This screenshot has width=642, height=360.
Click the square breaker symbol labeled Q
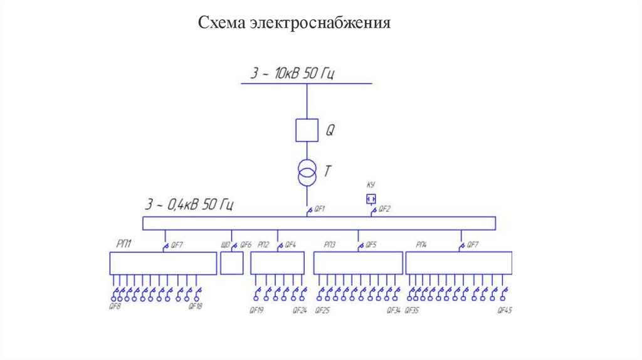point(307,130)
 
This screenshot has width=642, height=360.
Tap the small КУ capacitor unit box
point(371,199)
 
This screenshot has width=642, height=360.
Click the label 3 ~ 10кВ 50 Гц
point(293,73)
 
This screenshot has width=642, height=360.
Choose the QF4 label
point(290,245)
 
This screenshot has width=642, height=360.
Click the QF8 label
point(115,307)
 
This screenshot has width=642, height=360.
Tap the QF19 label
point(256,310)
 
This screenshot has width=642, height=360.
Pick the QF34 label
point(393,310)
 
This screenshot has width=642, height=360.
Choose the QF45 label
point(505,310)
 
